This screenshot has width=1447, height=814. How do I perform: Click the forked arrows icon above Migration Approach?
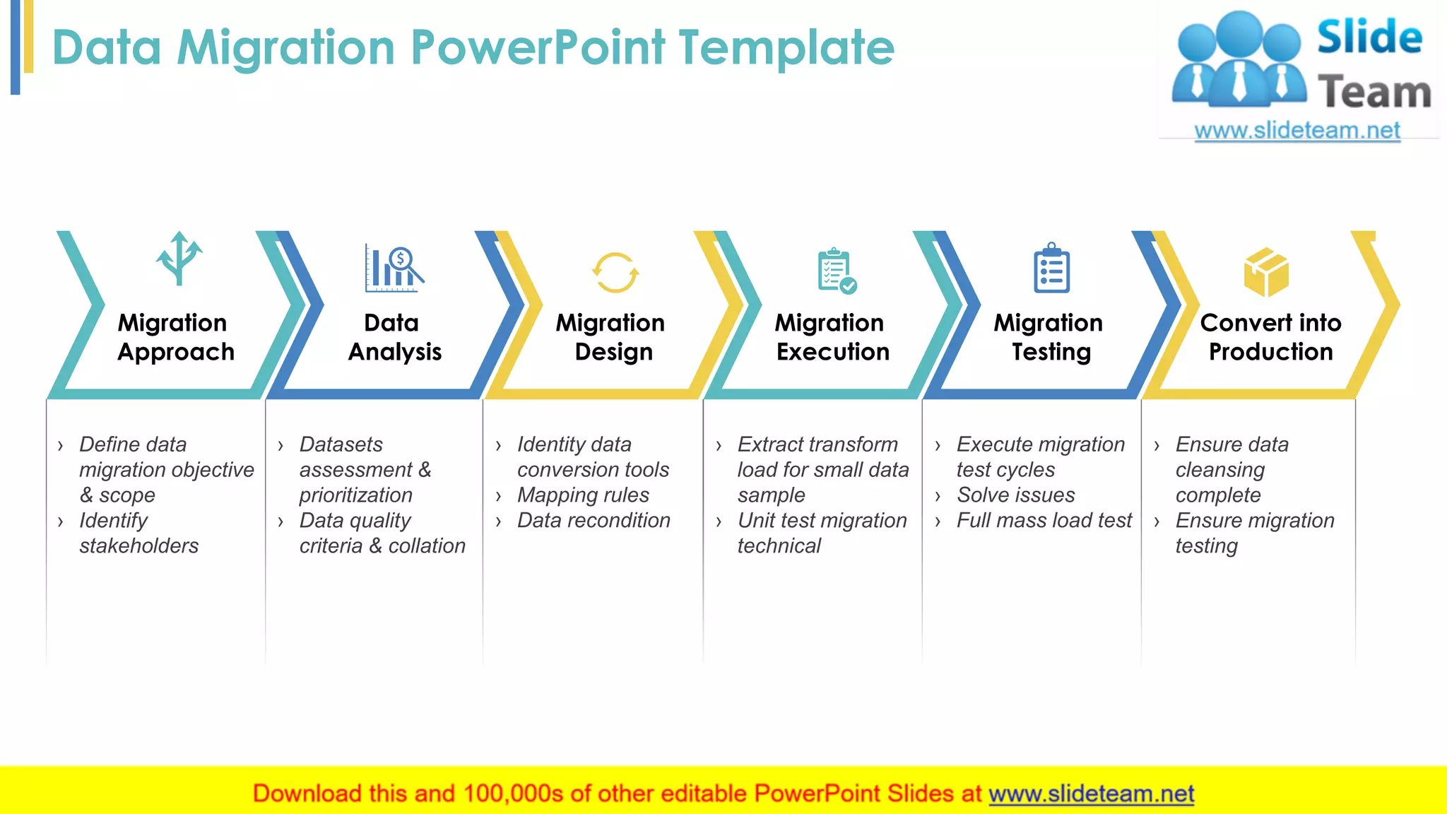(x=179, y=259)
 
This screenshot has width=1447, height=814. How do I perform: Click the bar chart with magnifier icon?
(x=394, y=269)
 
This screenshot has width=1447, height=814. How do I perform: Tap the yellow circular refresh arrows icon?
(x=615, y=273)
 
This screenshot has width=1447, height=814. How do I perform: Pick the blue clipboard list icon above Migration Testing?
(x=1051, y=269)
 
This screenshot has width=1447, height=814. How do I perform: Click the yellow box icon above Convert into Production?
(x=1265, y=272)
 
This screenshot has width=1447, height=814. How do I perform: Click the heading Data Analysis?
(x=394, y=337)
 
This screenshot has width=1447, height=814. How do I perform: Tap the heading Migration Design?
(x=610, y=337)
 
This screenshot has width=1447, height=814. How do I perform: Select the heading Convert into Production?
(x=1270, y=337)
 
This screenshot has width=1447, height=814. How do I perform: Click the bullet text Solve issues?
(x=1015, y=495)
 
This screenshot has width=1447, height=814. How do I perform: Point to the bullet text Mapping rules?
(x=583, y=495)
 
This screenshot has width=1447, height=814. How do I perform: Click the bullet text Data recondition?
(x=593, y=521)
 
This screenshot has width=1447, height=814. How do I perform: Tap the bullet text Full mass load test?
(x=1044, y=521)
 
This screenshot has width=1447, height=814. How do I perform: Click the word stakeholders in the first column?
(x=138, y=546)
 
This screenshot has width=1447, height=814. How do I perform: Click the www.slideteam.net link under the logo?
(x=1297, y=131)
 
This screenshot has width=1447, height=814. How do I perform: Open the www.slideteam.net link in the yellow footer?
(x=1091, y=794)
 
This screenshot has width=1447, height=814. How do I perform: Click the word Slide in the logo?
(x=1369, y=37)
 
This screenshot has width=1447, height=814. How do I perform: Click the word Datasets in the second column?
(x=341, y=444)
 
